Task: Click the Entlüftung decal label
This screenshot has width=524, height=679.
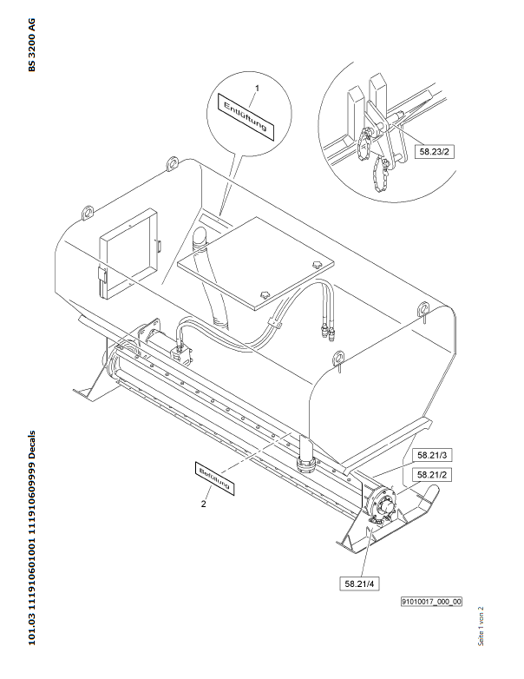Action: [x=246, y=117]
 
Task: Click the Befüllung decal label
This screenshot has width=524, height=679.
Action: [x=214, y=478]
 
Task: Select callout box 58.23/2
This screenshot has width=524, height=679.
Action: [x=435, y=151]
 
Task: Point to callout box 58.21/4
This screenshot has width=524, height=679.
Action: [x=359, y=583]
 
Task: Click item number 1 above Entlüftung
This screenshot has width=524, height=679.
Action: [x=257, y=89]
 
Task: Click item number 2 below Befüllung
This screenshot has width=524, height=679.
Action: [x=203, y=504]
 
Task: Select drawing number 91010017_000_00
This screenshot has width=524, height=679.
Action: [x=431, y=602]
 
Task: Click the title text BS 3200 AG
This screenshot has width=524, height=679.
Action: [x=32, y=44]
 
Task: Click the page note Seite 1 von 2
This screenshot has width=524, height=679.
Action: [x=481, y=626]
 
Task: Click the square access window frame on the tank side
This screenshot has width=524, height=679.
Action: [x=129, y=254]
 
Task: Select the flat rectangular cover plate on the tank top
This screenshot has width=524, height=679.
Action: [x=256, y=263]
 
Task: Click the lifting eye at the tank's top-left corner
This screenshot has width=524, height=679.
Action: [x=173, y=163]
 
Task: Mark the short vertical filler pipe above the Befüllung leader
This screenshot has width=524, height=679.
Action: [x=306, y=455]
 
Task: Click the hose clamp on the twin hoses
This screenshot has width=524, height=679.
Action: [x=274, y=324]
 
